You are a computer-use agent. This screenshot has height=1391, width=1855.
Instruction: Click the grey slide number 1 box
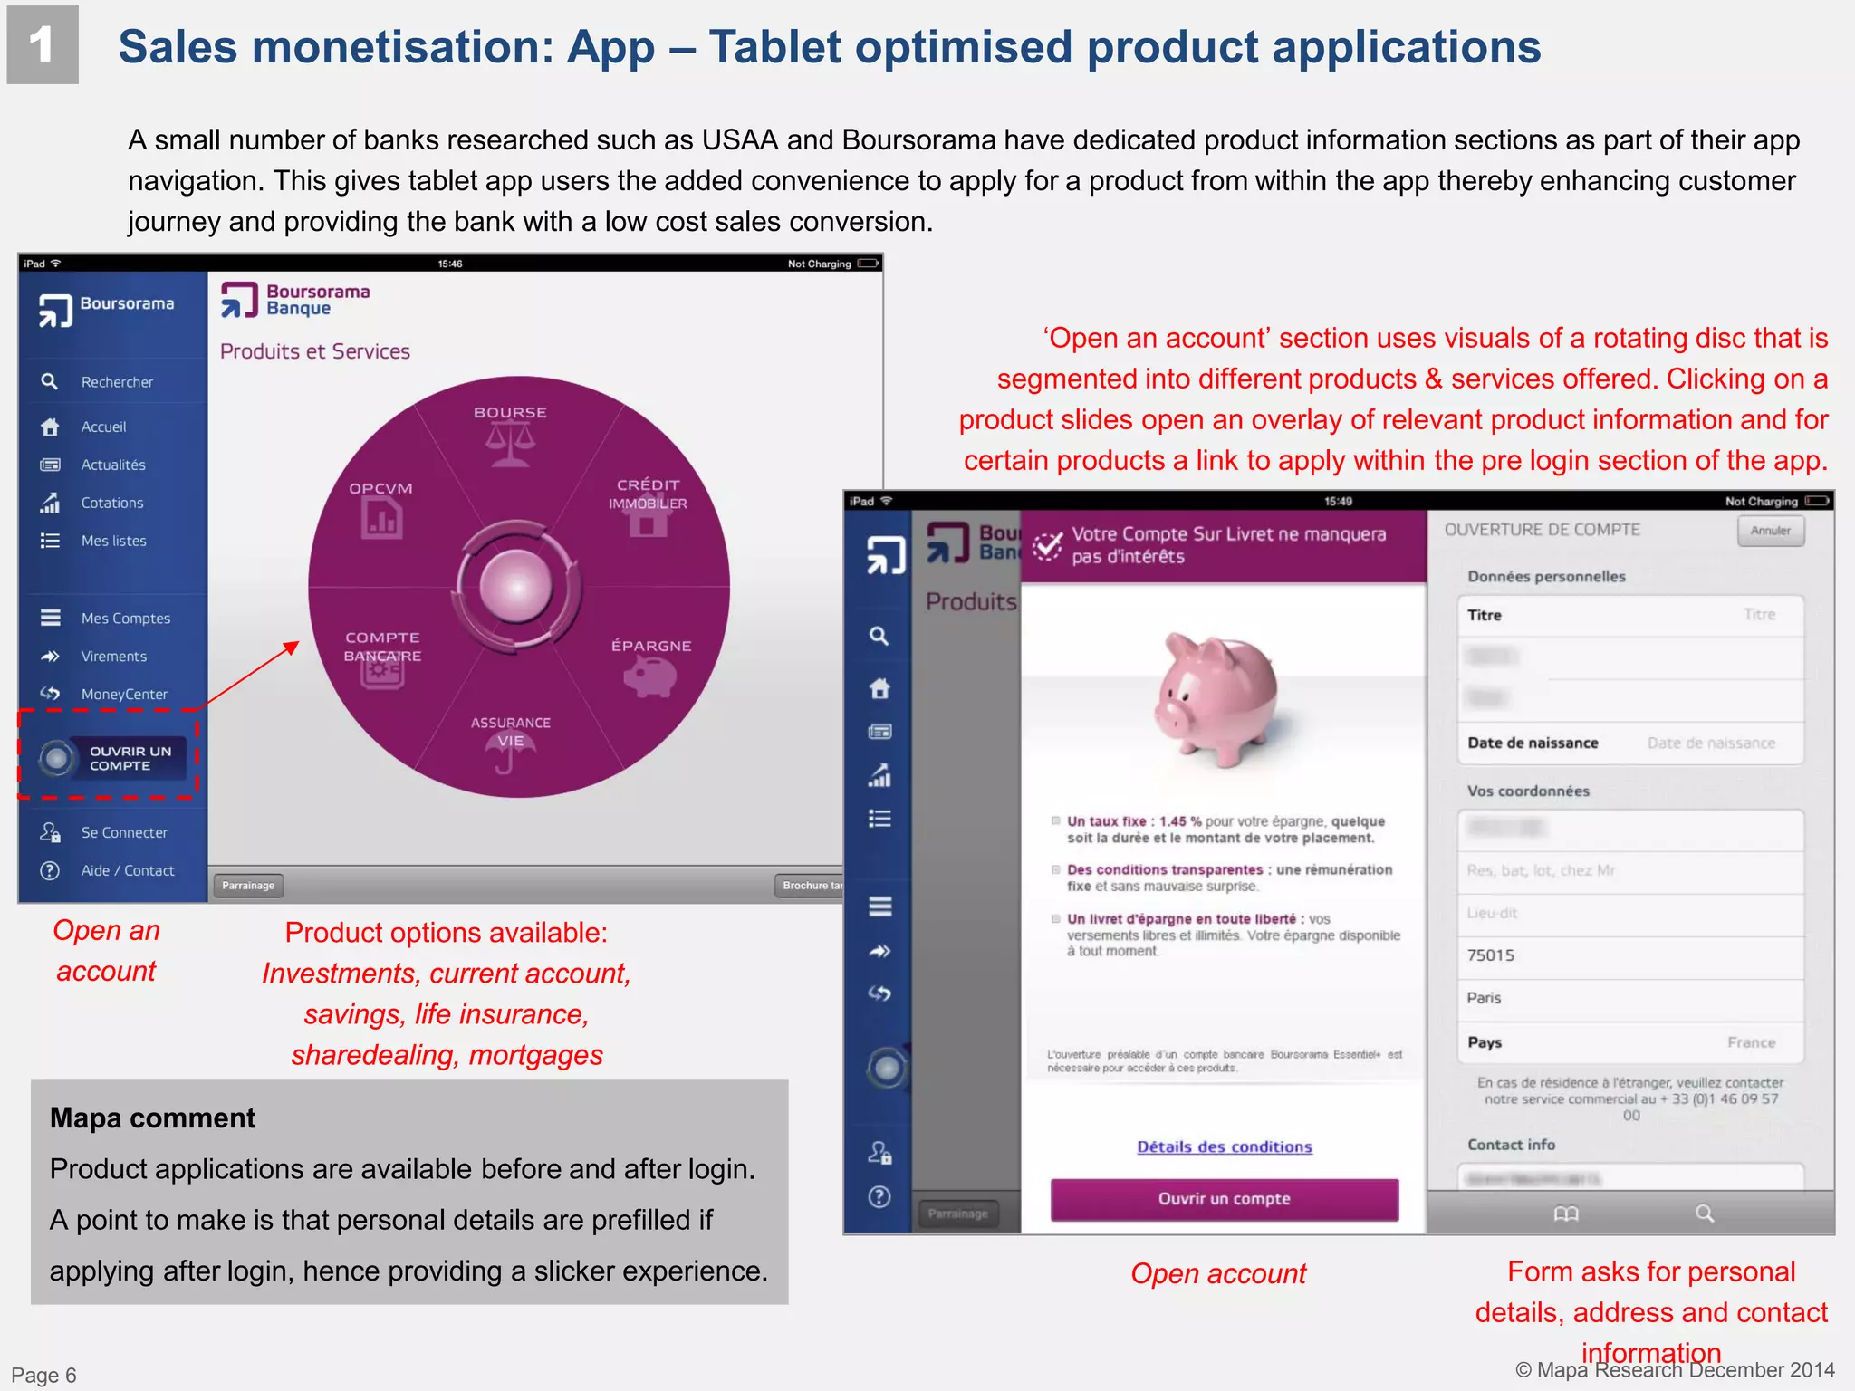click(43, 45)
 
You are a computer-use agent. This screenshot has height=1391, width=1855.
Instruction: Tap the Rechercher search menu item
click(116, 382)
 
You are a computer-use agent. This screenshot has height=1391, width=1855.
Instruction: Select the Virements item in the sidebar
click(113, 657)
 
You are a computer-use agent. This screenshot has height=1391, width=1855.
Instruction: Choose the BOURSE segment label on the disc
click(510, 413)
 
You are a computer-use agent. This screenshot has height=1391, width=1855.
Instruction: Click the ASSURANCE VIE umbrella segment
click(511, 739)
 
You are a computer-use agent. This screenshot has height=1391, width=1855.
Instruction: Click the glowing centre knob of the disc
click(517, 586)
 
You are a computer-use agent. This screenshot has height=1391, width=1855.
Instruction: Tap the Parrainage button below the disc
click(248, 886)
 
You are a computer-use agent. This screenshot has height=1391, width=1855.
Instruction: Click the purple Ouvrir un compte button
click(1224, 1199)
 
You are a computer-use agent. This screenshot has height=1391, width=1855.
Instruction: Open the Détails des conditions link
click(1224, 1146)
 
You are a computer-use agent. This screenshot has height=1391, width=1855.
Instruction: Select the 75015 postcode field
click(1629, 955)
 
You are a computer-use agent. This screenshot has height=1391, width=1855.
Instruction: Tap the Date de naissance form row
click(1629, 743)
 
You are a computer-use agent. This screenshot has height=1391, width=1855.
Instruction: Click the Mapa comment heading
click(153, 1118)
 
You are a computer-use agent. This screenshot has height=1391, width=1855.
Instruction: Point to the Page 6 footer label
click(43, 1375)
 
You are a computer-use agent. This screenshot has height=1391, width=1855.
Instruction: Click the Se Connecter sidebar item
click(123, 832)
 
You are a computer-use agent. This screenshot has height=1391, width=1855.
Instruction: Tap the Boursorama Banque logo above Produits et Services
click(296, 301)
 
